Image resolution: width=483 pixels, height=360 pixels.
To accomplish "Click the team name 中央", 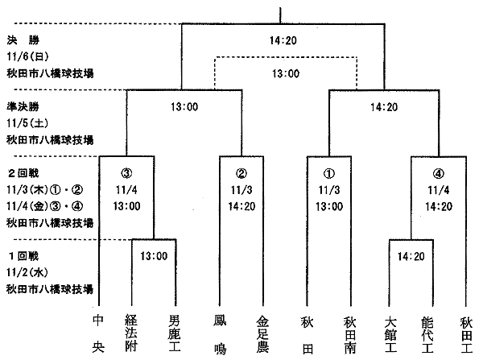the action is click(98, 333).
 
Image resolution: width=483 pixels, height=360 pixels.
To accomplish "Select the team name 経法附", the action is click(131, 333).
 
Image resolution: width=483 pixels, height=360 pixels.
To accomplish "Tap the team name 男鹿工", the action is click(175, 333).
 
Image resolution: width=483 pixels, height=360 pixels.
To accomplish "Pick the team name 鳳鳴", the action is click(221, 334).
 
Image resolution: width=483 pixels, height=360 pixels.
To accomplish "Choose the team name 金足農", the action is click(262, 334).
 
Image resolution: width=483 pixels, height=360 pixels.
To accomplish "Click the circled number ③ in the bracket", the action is click(126, 173).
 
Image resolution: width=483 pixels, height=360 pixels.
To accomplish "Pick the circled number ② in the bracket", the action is click(242, 173).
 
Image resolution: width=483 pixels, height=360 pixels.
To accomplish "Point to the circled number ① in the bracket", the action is click(329, 173).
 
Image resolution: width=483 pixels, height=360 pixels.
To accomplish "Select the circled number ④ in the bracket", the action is click(439, 174).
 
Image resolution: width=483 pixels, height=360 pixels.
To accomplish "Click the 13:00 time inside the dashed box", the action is click(286, 73).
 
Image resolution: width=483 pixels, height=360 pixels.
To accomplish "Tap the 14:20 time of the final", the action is click(283, 40).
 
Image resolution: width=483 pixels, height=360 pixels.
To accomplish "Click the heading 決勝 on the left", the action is click(23, 40).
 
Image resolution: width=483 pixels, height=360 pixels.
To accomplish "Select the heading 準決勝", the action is click(23, 106).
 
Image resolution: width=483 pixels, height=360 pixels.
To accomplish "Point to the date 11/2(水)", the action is click(27, 272).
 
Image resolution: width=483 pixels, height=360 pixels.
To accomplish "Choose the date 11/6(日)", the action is click(27, 56).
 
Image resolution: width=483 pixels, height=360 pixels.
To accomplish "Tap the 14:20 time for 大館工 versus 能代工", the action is click(411, 256).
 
